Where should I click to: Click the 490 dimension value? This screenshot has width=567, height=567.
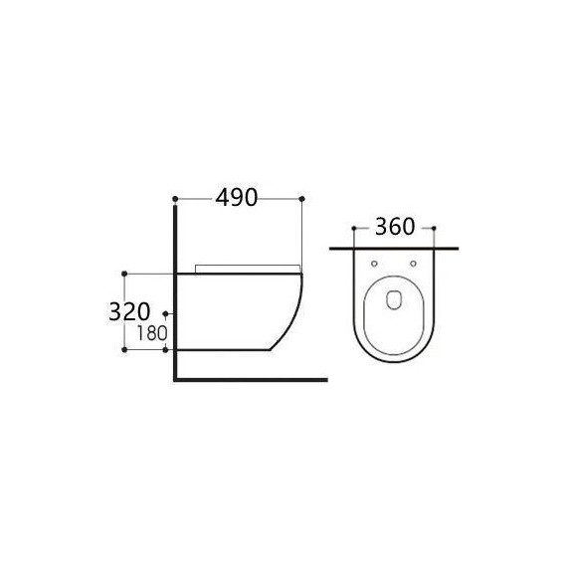(x=237, y=199)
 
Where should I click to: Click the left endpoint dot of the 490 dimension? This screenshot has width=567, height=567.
(x=175, y=198)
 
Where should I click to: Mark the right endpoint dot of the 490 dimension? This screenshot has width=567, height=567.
(x=301, y=198)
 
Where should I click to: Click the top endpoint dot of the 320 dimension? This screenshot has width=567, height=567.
(x=123, y=272)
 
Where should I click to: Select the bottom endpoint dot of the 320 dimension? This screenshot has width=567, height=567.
(x=123, y=351)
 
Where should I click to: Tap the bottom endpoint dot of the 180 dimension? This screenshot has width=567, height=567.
(x=165, y=351)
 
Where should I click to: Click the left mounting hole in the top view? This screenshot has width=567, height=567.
(x=373, y=264)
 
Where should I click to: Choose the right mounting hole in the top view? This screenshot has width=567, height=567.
(x=413, y=264)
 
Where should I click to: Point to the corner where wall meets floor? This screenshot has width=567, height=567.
(x=176, y=379)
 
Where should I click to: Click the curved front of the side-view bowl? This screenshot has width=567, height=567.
(x=295, y=313)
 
